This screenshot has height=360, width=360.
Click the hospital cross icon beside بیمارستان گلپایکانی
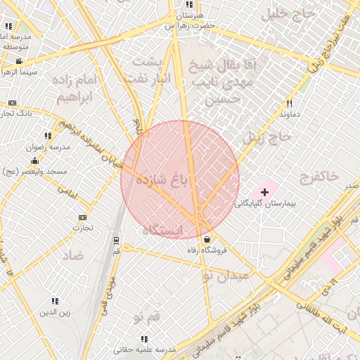click(x=265, y=191)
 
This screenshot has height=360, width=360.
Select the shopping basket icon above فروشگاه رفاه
click(x=205, y=239)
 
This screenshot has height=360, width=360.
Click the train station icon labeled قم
click(x=116, y=240)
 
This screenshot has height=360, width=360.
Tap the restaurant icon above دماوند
click(x=289, y=103)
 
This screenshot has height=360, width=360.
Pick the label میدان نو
click(x=226, y=275)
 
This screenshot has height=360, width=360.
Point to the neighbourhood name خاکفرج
click(x=318, y=174)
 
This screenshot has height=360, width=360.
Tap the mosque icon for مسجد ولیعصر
click(x=34, y=162)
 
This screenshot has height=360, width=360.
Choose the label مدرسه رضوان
click(x=47, y=148)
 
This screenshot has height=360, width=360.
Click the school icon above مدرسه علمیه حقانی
click(x=144, y=339)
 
